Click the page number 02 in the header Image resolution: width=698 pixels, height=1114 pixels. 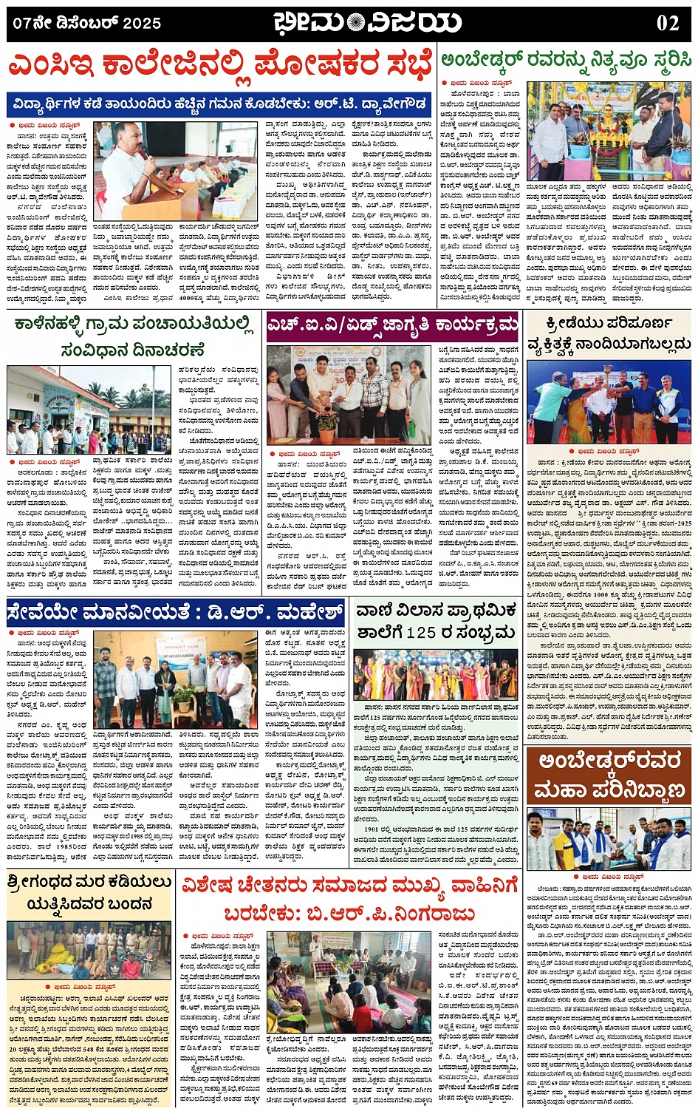(x=667, y=22)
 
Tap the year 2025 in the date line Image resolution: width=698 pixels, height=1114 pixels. (x=142, y=23)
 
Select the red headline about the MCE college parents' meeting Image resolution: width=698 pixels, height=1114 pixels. (x=219, y=66)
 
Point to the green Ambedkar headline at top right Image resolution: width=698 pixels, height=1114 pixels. (x=566, y=61)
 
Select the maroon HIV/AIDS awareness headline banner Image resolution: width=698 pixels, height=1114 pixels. (x=393, y=325)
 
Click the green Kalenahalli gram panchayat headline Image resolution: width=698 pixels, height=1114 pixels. (x=133, y=336)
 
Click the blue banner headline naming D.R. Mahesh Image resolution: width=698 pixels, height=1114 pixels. (x=176, y=613)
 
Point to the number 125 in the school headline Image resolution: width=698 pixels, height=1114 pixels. (x=421, y=633)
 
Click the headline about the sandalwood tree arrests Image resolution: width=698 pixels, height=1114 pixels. (x=90, y=893)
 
